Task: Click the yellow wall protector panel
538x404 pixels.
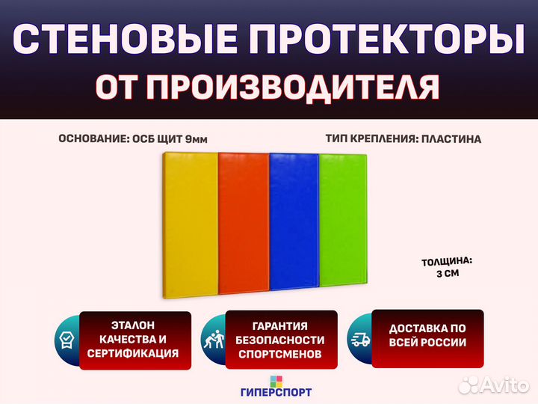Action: pos(191,225)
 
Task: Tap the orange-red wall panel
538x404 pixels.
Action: pos(244,224)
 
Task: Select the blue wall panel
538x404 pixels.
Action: pos(294,222)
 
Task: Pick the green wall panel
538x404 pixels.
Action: pos(343,220)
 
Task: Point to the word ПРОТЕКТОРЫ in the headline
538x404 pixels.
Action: pos(387,38)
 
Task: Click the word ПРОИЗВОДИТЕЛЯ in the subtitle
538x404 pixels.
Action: pos(294,87)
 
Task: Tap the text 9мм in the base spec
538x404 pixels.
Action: pos(196,139)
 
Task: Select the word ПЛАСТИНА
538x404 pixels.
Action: pos(451,139)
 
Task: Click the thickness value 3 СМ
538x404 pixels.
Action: pos(448,274)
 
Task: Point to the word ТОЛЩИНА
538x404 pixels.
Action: pos(447,262)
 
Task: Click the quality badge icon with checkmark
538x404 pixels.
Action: pos(67,340)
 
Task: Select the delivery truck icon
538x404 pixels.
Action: pos(360,340)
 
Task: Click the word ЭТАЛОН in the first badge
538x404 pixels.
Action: pos(133,325)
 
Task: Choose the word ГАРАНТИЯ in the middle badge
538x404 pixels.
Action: pos(280,326)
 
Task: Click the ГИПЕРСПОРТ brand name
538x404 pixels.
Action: pos(276,392)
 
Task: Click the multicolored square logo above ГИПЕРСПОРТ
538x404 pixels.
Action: pos(276,382)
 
